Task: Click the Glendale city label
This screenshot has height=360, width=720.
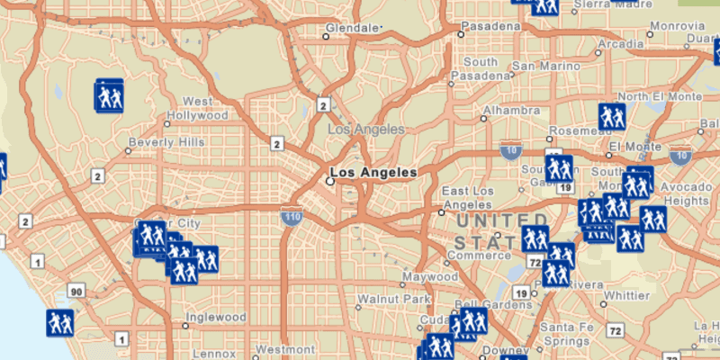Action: tap(352, 29)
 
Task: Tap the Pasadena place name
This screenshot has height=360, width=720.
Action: tap(492, 27)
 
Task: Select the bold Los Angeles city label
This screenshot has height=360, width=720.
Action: tap(373, 172)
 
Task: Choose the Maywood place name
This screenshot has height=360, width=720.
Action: tap(430, 276)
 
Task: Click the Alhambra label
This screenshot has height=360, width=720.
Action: tap(511, 111)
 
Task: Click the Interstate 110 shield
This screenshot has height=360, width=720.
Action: tap(293, 216)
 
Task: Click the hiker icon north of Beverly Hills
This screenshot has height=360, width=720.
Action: tap(109, 95)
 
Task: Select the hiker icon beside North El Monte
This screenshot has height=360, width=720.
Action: tap(612, 116)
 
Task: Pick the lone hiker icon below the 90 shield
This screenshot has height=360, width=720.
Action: tap(60, 321)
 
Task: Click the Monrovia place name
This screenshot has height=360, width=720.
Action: tap(676, 26)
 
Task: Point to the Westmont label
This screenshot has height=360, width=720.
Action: tap(284, 348)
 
